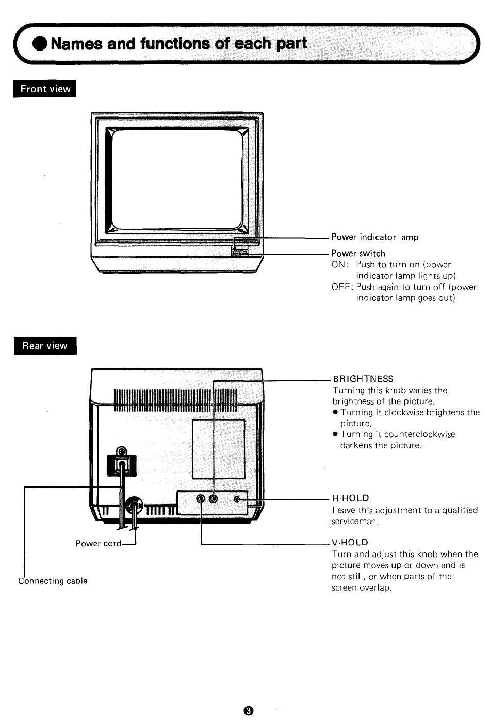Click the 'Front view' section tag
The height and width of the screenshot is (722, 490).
pyautogui.click(x=45, y=89)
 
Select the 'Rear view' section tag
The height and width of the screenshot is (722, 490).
pyautogui.click(x=45, y=345)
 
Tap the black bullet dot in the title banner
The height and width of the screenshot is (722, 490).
pyautogui.click(x=40, y=43)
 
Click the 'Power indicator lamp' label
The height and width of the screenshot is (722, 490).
pyautogui.click(x=375, y=237)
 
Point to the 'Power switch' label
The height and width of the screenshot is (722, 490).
pyautogui.click(x=358, y=254)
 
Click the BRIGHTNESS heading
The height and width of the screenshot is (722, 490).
pyautogui.click(x=363, y=379)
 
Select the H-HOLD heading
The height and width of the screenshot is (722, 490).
pyautogui.click(x=350, y=498)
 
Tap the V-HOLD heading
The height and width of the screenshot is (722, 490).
pyautogui.click(x=350, y=542)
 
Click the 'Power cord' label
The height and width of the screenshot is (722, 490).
pyautogui.click(x=99, y=544)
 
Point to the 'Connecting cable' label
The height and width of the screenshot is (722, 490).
pyautogui.click(x=53, y=581)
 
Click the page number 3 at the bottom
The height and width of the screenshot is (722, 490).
pyautogui.click(x=249, y=710)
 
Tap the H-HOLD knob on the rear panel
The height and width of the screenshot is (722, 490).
pyautogui.click(x=237, y=499)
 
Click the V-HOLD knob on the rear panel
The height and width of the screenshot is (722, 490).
pyautogui.click(x=201, y=499)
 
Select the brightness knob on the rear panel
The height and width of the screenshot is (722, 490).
pyautogui.click(x=213, y=499)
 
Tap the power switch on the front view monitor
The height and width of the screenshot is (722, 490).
pyautogui.click(x=239, y=251)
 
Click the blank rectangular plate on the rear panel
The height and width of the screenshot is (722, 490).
pyautogui.click(x=218, y=449)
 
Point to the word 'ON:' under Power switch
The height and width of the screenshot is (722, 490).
pyautogui.click(x=340, y=264)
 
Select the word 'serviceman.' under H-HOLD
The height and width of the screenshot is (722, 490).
pyautogui.click(x=355, y=521)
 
